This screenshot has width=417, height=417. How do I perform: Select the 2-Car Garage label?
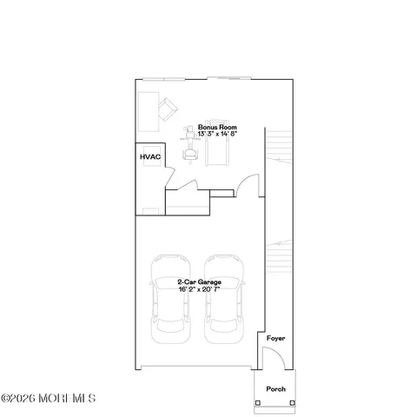[195, 283]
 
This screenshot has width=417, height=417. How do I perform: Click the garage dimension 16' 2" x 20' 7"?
[195, 290]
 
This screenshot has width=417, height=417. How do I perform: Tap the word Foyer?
[275, 338]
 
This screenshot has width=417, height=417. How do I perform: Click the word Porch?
[275, 389]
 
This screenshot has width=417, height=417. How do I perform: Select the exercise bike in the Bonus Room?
[186, 141]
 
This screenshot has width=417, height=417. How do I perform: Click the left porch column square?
[256, 404]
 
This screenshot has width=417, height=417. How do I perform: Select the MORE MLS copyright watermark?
[49, 399]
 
